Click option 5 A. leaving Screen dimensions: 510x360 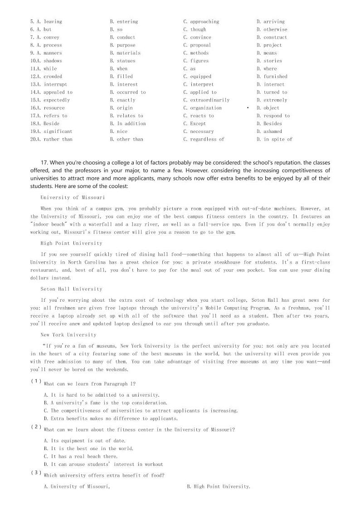click(x=46, y=22)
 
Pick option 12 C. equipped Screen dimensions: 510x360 click(x=197, y=77)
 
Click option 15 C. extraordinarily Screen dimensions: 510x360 click(x=206, y=100)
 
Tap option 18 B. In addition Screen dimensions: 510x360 click(x=128, y=123)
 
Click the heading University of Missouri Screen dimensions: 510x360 click(x=73, y=197)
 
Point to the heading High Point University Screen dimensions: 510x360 click(x=71, y=243)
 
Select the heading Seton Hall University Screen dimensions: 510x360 click(x=71, y=289)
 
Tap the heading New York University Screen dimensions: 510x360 click(x=68, y=335)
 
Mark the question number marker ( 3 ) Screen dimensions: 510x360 click(x=36, y=473)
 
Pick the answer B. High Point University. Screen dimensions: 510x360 click(x=218, y=487)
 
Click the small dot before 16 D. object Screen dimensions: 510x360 click(x=248, y=108)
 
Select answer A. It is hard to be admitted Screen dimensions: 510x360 click(x=102, y=395)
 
